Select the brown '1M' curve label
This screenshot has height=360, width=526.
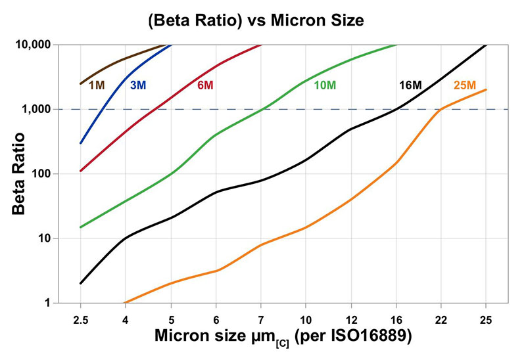pyautogui.click(x=97, y=85)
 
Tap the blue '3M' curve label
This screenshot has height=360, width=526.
pyautogui.click(x=137, y=85)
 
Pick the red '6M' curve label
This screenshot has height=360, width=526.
pyautogui.click(x=204, y=85)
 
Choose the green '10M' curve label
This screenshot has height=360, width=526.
pyautogui.click(x=326, y=85)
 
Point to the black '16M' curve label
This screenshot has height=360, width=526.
pyautogui.click(x=410, y=85)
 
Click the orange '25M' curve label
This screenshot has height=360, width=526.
pyautogui.click(x=465, y=85)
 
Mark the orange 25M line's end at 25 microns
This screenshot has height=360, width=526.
pyautogui.click(x=486, y=90)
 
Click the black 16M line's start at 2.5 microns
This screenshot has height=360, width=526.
pyautogui.click(x=81, y=283)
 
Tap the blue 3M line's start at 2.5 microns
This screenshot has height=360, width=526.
pyautogui.click(x=81, y=143)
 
